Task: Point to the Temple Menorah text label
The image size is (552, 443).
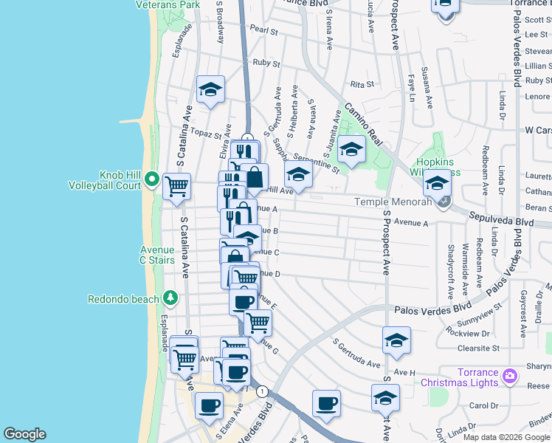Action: [392, 201]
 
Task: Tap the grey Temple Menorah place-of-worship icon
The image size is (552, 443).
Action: [443, 201]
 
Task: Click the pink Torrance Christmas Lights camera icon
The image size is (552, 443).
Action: [509, 377]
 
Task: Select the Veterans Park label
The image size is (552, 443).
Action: [168, 4]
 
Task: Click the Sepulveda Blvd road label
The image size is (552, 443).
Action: [501, 221]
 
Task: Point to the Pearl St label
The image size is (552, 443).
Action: [263, 31]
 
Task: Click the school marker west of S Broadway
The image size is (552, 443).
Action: [211, 89]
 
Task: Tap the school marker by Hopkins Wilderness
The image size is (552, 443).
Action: [436, 182]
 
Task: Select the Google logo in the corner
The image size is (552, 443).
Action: [24, 433]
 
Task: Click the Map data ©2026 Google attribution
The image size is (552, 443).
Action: [506, 437]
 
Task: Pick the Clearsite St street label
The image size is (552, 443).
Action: [477, 347]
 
